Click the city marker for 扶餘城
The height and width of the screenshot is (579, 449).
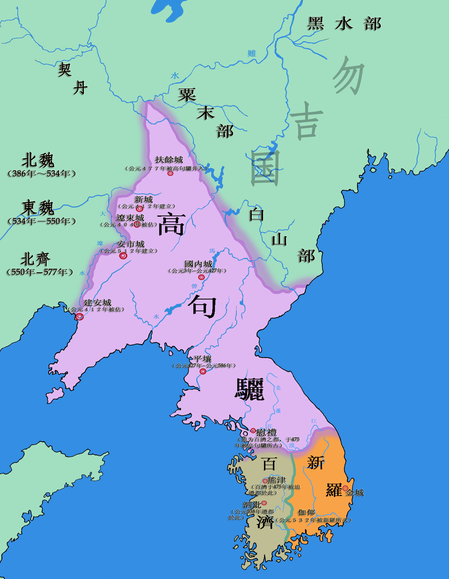tap(170, 173)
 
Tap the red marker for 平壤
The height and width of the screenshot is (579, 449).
tap(203, 371)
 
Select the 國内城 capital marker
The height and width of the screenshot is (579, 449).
tap(202, 277)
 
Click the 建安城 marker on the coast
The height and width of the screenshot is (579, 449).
tap(79, 317)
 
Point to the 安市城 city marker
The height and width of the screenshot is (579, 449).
tap(123, 256)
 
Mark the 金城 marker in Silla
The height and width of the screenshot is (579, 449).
tap(345, 488)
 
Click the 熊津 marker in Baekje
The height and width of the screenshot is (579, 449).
tap(265, 481)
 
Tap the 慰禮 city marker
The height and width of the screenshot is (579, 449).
tap(253, 431)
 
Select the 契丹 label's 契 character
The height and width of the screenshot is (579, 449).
tap(65, 69)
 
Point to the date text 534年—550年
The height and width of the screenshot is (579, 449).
tap(42, 221)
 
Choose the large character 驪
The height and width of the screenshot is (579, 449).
tap(249, 390)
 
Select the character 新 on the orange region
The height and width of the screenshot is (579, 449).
tap(315, 463)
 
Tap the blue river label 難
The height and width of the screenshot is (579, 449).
tap(252, 53)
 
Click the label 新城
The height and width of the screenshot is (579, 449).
tap(143, 199)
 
